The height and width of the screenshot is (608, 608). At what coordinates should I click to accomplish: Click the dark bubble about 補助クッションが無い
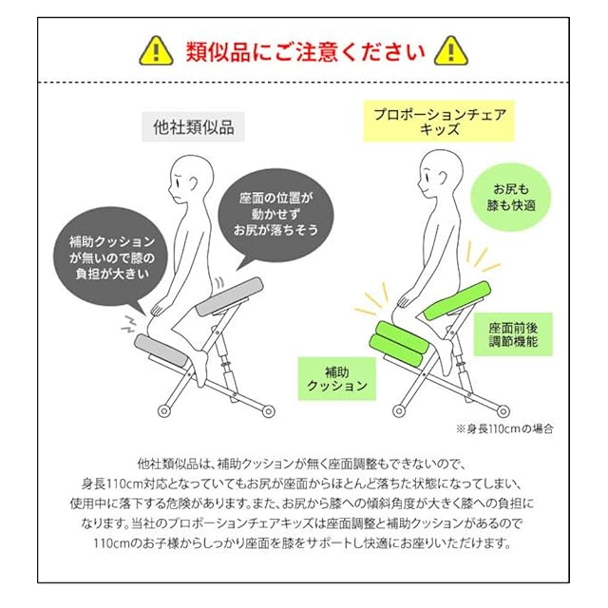(105, 256)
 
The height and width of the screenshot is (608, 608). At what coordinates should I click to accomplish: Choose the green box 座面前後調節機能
(514, 333)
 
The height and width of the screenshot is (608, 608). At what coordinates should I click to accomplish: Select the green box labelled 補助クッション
(338, 377)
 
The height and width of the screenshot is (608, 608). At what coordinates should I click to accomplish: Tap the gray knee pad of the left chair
(162, 346)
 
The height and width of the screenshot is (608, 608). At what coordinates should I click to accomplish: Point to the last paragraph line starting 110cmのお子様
(304, 544)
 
